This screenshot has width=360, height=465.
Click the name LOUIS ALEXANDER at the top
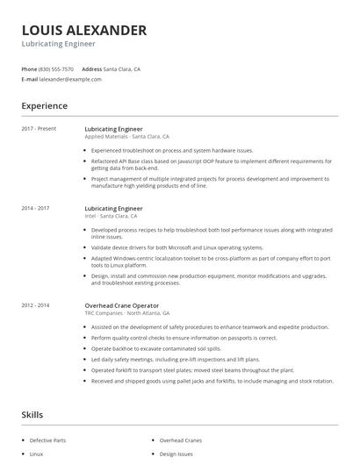coord(84,31)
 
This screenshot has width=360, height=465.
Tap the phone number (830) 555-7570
coord(57,68)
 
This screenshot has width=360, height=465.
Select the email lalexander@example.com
coord(70,79)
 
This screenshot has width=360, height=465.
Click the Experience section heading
coord(44,106)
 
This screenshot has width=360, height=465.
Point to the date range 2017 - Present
coord(39,129)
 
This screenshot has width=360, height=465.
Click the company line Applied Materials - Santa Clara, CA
coord(126,137)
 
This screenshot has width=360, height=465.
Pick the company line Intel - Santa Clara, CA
coord(111,216)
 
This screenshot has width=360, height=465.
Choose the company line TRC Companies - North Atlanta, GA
coord(126,312)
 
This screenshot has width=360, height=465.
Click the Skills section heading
coord(32,413)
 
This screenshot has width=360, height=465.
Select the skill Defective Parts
coord(47,440)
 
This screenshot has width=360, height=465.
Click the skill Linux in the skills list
coord(36,454)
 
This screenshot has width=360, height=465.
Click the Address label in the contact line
coord(91,68)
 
